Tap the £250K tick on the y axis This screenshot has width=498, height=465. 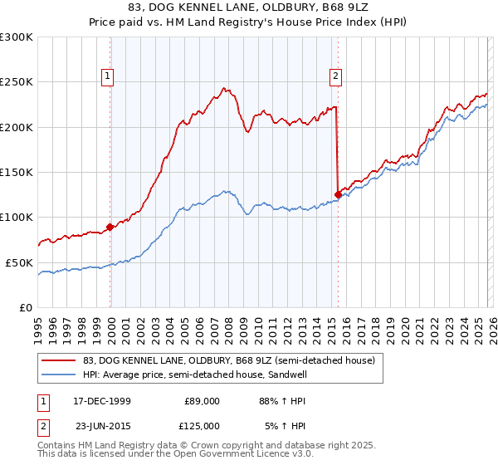click(x=17, y=82)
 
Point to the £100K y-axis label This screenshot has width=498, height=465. click(x=17, y=218)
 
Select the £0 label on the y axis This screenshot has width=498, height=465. click(x=26, y=307)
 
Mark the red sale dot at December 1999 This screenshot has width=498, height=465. click(x=110, y=227)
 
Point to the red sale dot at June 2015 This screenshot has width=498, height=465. click(x=337, y=194)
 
